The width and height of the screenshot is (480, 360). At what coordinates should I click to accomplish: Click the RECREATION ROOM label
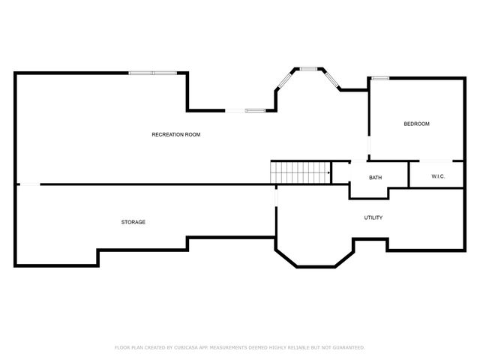[x=176, y=134]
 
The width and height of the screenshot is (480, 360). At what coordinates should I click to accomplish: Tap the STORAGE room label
[x=133, y=222]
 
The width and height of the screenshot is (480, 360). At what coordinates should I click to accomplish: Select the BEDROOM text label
[x=416, y=124]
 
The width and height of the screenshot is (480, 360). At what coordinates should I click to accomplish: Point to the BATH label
[x=376, y=178]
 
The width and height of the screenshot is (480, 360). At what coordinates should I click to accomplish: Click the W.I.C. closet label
[x=439, y=176]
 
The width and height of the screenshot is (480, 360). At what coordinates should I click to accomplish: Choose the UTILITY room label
[x=373, y=217]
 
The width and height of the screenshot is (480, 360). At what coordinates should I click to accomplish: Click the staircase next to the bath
[x=301, y=172]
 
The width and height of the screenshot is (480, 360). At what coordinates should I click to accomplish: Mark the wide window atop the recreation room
[x=154, y=73]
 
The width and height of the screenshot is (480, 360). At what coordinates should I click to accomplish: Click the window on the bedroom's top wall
[x=380, y=78]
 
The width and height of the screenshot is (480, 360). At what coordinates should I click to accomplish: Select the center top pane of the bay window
[x=309, y=69]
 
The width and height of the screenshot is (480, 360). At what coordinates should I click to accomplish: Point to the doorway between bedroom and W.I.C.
[x=436, y=161]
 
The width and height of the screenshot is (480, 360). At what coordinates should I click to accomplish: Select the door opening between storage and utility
[x=276, y=196]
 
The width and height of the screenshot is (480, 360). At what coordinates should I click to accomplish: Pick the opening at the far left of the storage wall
[x=28, y=184]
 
